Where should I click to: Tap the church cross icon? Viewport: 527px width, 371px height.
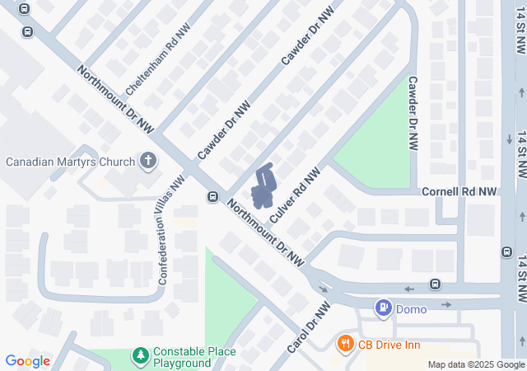[148, 161]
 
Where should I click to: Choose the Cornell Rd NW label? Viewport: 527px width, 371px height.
[459, 191]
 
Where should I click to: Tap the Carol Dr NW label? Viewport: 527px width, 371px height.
[308, 327]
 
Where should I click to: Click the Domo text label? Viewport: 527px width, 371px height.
[411, 309]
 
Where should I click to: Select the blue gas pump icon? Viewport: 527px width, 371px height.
[383, 309]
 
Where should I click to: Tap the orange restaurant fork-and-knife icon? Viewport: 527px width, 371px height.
[346, 343]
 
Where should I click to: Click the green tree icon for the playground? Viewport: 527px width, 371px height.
[140, 357]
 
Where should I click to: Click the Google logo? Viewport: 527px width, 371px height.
[27, 361]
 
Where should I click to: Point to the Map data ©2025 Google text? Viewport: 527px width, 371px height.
[476, 365]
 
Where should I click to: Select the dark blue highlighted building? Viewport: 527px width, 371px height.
[263, 188]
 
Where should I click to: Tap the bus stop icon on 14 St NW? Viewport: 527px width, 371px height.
[506, 251]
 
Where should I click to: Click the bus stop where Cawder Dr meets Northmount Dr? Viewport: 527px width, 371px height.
[212, 197]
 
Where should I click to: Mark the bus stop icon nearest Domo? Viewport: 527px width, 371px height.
[435, 284]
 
